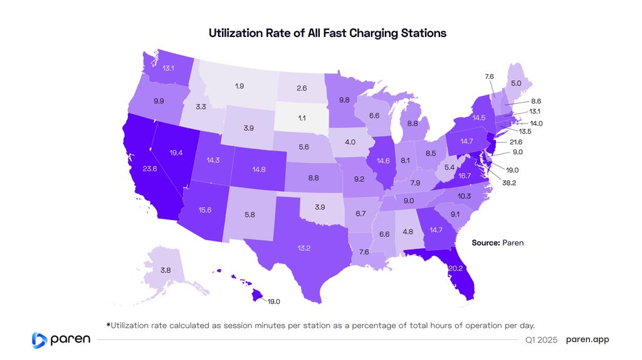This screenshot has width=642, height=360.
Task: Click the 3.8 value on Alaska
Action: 166,270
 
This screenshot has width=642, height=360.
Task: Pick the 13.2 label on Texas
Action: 303,248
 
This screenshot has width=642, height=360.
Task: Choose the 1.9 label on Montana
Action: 239,85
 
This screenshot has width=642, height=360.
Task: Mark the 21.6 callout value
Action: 516,142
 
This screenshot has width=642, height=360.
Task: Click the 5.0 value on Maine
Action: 516,83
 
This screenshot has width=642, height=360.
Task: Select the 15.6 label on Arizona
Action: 204,209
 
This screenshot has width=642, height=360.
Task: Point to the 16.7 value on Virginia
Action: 463,177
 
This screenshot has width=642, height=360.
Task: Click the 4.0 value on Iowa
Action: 350,142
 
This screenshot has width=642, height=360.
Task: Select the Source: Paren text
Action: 497,242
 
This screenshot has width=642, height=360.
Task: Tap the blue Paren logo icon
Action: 39,339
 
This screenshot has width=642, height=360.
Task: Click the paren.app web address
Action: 587,339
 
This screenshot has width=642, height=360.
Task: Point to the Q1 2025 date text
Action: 541,340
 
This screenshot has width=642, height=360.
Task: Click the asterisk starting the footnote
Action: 108,324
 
